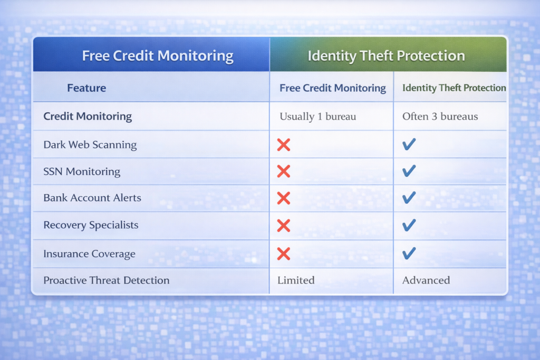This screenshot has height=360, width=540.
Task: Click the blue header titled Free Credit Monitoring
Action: (x=157, y=55)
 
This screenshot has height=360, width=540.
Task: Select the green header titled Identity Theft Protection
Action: (x=386, y=56)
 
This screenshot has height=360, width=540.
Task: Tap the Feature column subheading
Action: (x=86, y=88)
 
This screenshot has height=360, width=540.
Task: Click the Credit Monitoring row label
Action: (x=88, y=116)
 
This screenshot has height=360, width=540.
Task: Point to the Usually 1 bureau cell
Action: (x=317, y=116)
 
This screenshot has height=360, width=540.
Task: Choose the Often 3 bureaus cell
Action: (x=440, y=116)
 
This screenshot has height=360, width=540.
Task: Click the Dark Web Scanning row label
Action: (x=90, y=145)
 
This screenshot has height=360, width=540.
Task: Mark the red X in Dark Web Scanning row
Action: (x=284, y=145)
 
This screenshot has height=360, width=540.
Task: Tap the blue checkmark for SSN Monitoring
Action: (x=409, y=171)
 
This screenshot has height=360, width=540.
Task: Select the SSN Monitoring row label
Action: (x=82, y=172)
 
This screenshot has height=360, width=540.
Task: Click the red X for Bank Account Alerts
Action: (x=284, y=198)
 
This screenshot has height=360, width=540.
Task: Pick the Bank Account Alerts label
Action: (x=92, y=198)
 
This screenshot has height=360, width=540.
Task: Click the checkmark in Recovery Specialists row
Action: (x=409, y=226)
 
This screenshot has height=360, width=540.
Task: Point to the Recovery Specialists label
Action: (x=91, y=226)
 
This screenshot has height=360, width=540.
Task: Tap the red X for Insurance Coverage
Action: (x=284, y=254)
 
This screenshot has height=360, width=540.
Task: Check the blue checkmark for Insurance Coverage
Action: (x=409, y=254)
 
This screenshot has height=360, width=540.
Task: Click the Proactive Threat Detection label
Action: (x=107, y=280)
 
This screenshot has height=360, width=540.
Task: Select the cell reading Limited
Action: (x=296, y=280)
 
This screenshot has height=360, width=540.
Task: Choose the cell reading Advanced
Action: (x=426, y=280)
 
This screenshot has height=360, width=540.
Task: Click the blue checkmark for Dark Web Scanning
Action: (x=409, y=144)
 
